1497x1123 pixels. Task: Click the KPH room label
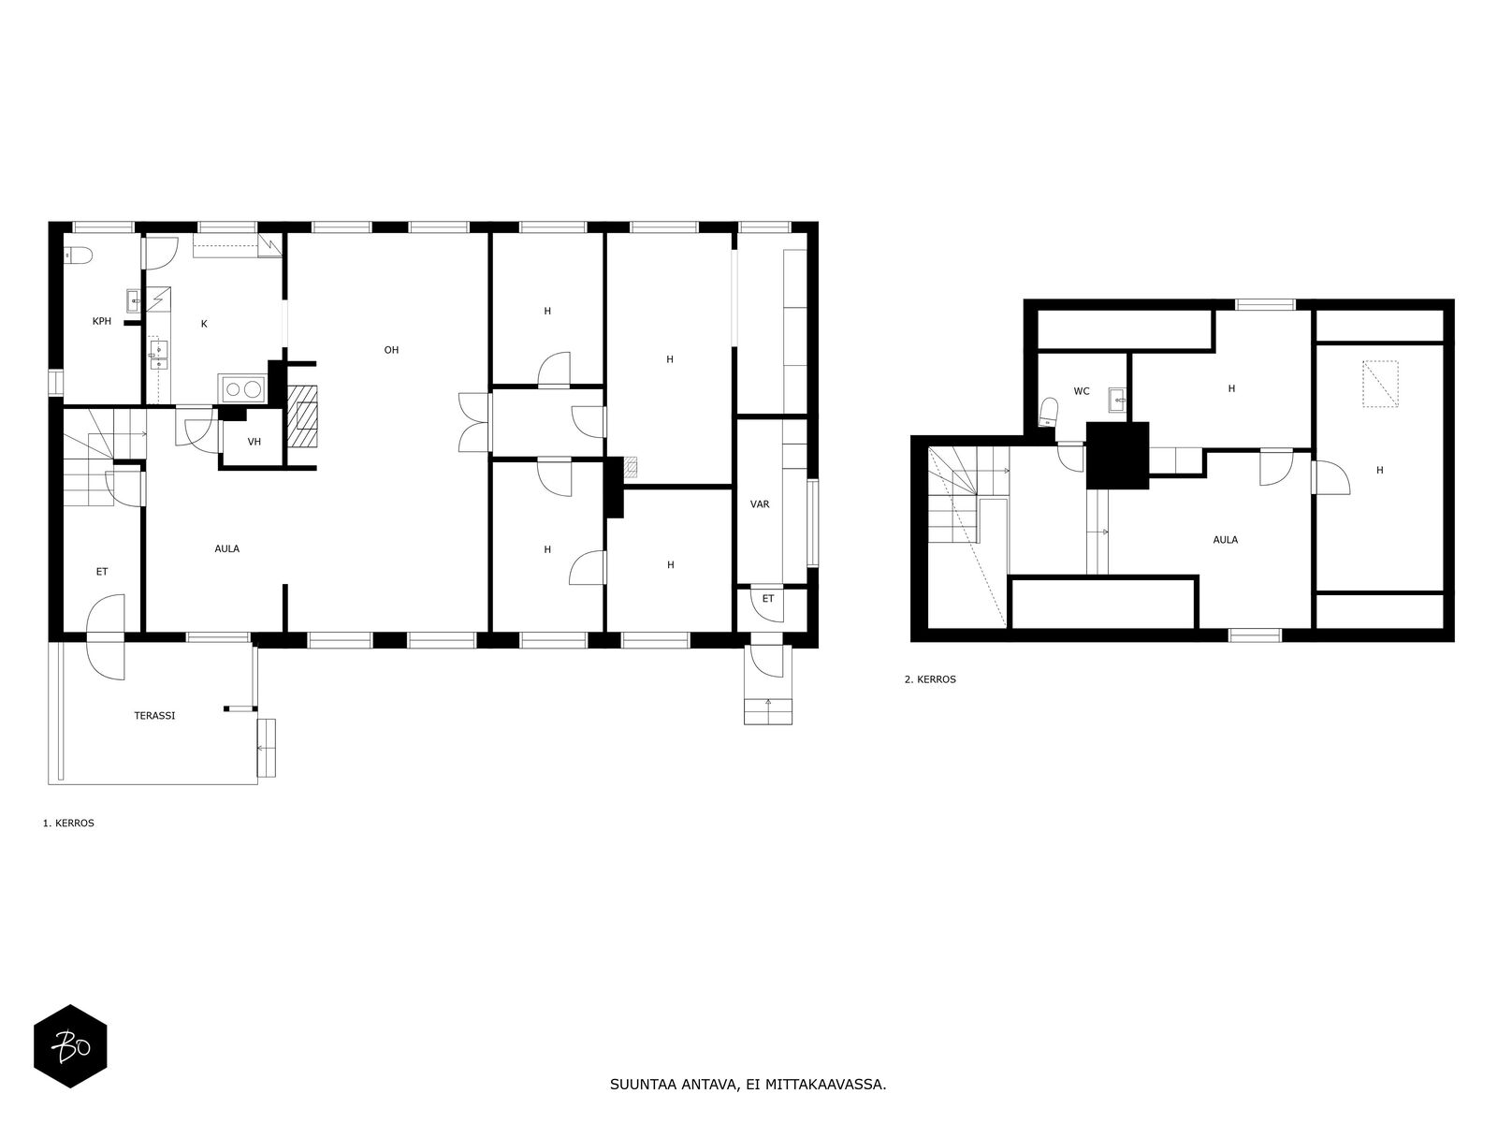(102, 321)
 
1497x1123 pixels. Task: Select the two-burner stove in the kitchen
(242, 389)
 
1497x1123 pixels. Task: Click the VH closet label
(254, 442)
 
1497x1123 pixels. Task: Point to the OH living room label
(391, 350)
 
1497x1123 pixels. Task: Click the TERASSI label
(154, 715)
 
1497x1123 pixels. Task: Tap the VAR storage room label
(760, 503)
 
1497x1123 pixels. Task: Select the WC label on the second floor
(1082, 391)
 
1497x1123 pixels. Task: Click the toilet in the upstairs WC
(1048, 413)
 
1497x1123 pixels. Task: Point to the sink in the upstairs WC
(1117, 399)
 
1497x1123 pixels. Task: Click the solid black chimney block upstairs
(1117, 455)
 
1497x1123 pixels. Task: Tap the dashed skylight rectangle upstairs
(1380, 384)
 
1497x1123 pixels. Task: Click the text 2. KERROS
(930, 679)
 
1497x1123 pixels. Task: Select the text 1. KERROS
(68, 823)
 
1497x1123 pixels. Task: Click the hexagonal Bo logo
(70, 1046)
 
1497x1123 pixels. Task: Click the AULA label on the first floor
(227, 548)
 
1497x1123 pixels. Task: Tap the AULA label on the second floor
(1226, 539)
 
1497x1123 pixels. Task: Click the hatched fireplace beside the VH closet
(302, 416)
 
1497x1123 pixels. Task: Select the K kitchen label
(204, 324)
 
